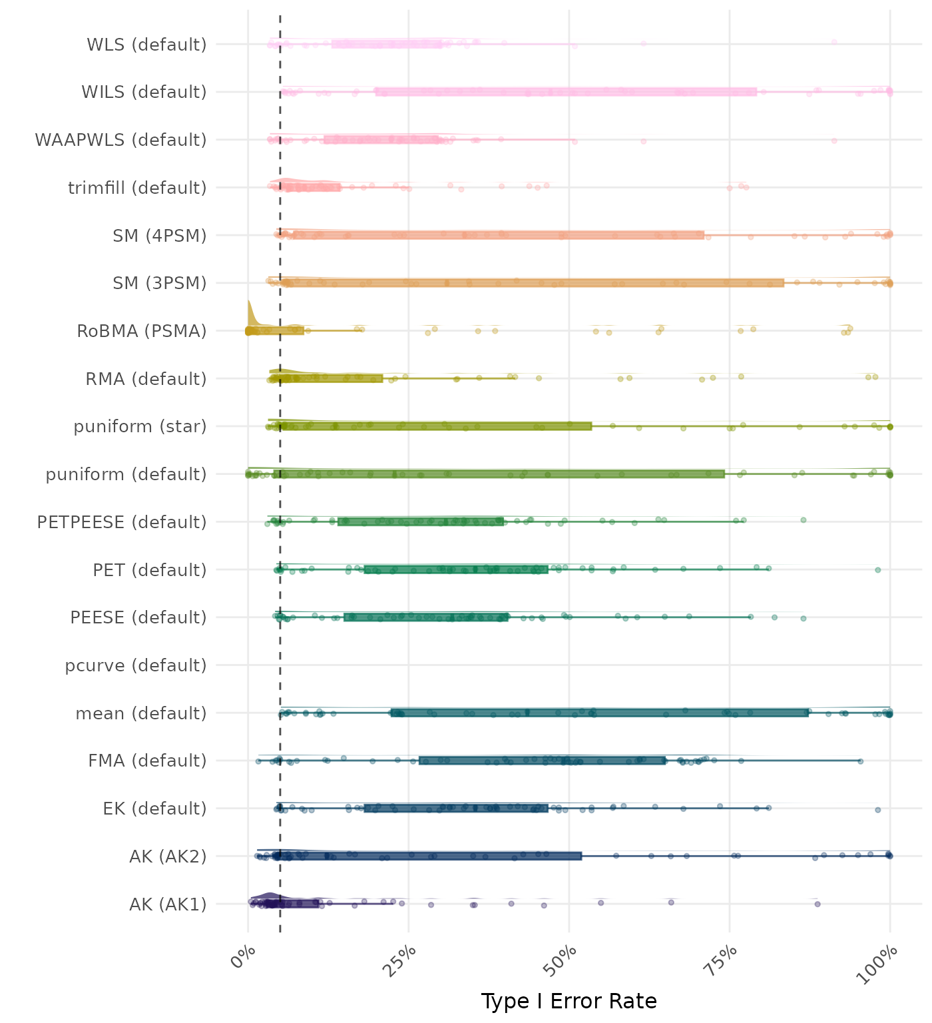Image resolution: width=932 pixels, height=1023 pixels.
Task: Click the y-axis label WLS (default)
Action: tap(146, 45)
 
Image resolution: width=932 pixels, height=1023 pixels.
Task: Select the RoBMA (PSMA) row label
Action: tap(141, 331)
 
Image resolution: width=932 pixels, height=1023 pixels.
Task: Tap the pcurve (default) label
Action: tap(136, 665)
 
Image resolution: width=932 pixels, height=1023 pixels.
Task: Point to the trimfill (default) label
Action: tap(137, 188)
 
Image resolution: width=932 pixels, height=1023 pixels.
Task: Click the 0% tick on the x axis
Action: tap(244, 960)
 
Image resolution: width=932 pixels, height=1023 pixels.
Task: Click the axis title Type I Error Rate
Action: tap(569, 1001)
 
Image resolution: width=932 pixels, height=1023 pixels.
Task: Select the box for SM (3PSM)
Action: tap(533, 283)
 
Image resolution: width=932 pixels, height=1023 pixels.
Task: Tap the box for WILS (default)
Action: tap(566, 92)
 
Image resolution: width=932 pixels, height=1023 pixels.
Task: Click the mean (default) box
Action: tap(599, 713)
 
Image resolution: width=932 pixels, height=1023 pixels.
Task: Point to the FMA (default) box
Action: tap(543, 761)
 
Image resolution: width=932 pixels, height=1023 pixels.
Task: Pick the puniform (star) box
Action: tap(433, 426)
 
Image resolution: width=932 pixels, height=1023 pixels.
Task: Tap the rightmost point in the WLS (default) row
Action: tap(834, 43)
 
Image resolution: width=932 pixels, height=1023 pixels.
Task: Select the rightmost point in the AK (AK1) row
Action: tap(817, 904)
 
